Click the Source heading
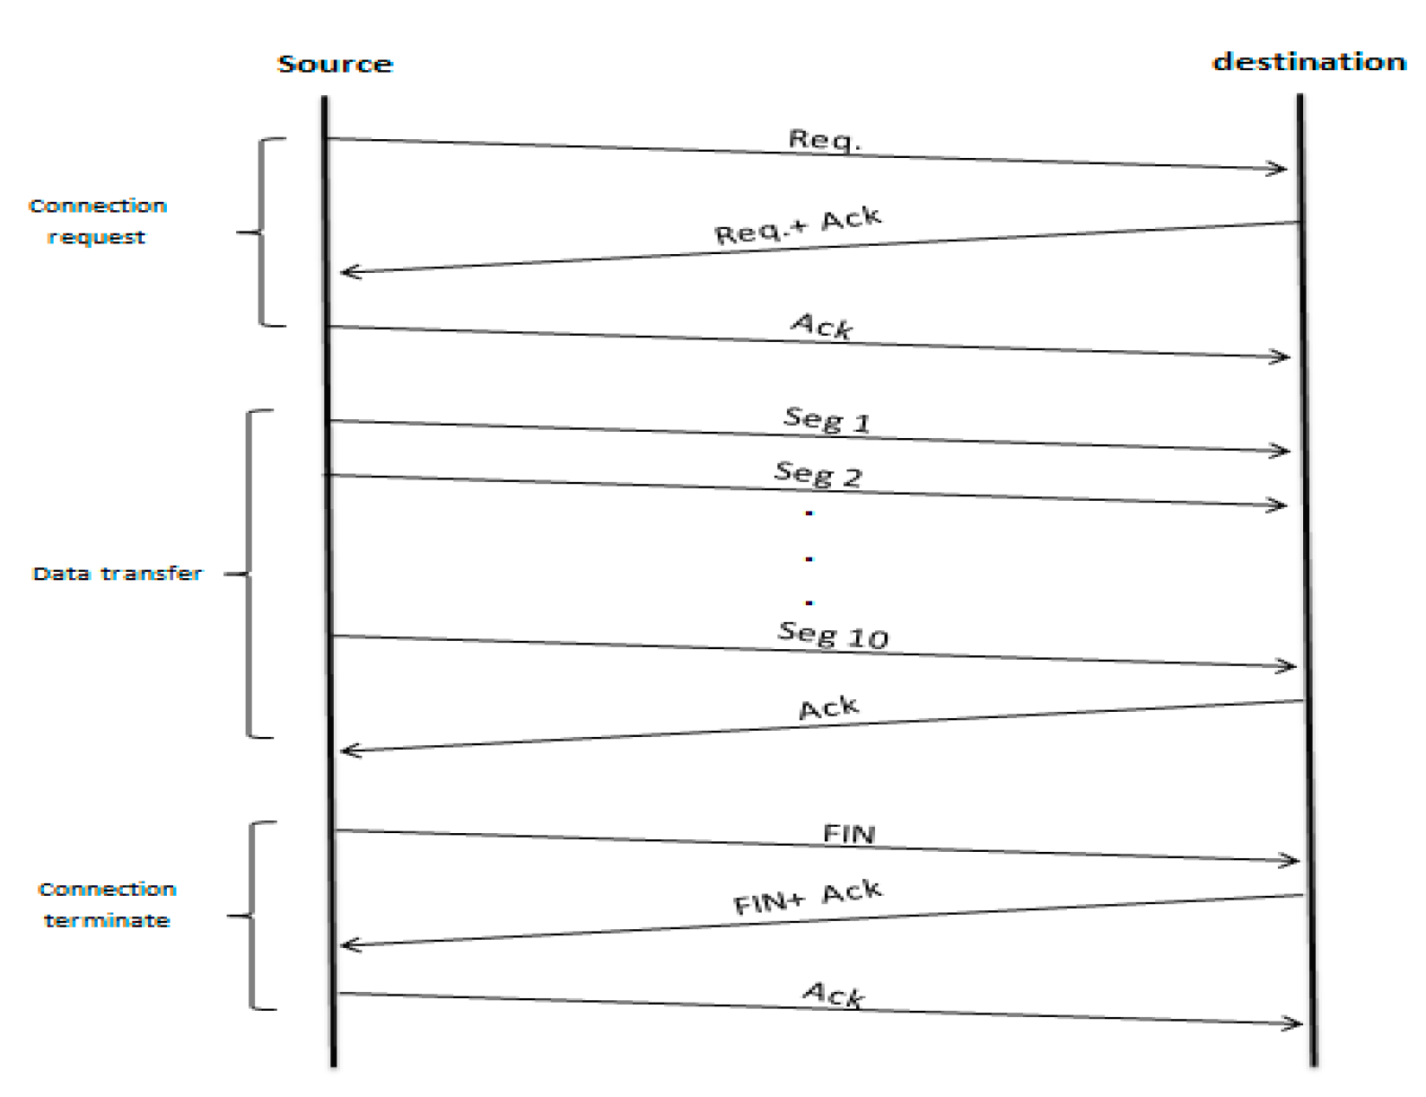[335, 64]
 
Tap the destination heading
[1308, 62]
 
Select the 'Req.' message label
[824, 140]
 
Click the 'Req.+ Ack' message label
[798, 225]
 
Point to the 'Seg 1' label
[827, 419]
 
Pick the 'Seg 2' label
[818, 473]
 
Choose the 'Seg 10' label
[833, 635]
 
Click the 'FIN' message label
[848, 834]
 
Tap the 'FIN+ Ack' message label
[808, 898]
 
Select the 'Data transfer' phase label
[118, 574]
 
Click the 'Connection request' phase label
[97, 221]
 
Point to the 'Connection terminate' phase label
[107, 904]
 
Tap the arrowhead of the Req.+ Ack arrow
[346, 271]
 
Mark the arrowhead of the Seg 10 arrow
[1290, 666]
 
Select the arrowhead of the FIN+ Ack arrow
[346, 944]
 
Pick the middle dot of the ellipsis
[809, 559]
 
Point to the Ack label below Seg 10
[828, 708]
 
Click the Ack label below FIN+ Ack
[833, 994]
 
